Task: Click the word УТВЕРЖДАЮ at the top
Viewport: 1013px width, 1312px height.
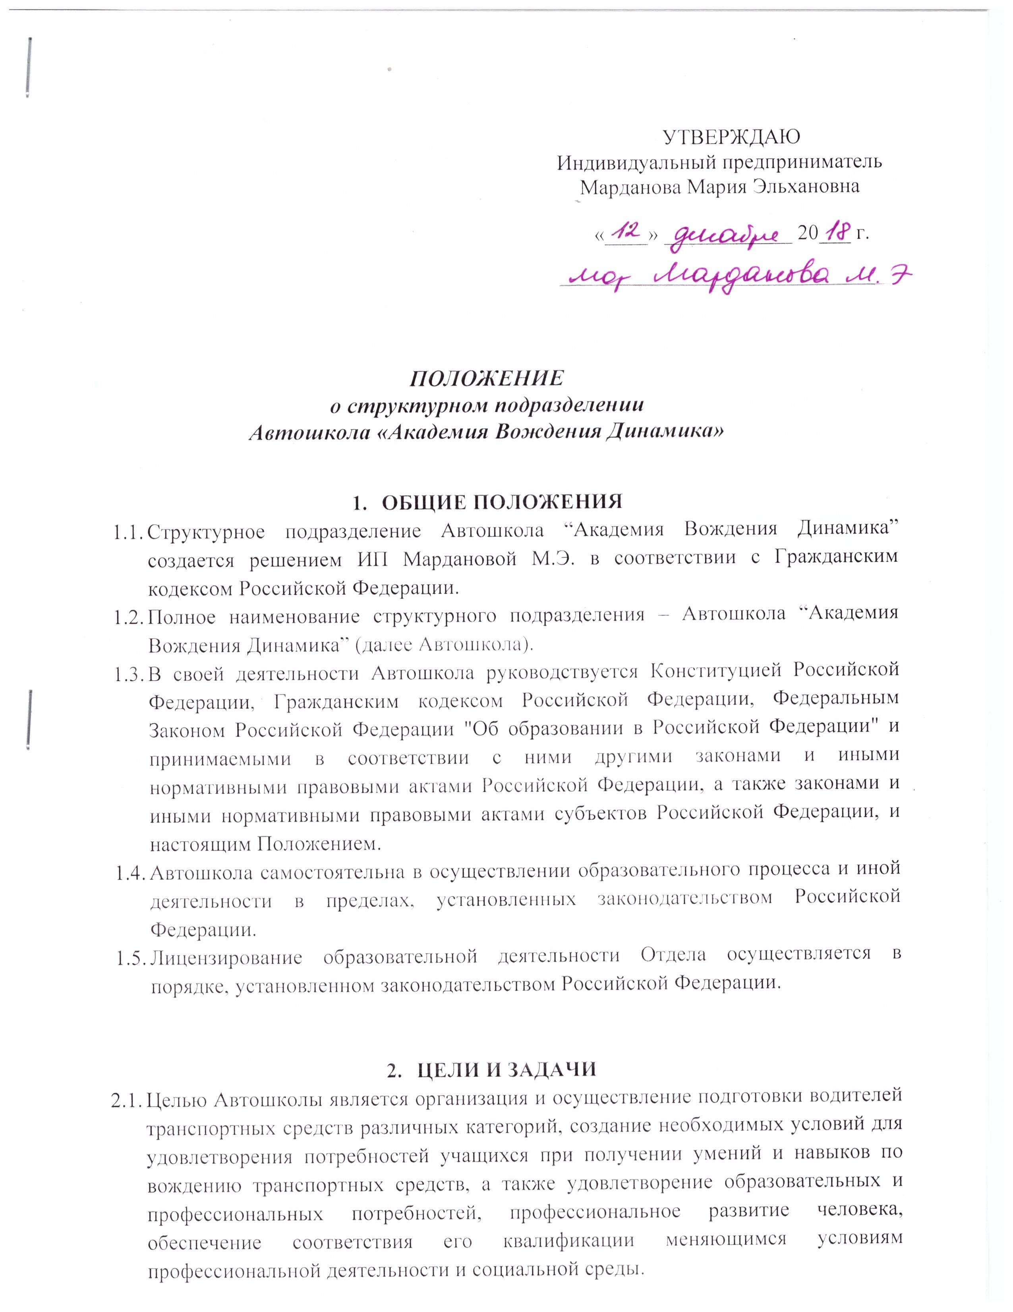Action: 731,137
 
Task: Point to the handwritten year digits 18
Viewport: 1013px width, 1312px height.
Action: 835,230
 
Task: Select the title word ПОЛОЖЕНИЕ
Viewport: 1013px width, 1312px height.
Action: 486,379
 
